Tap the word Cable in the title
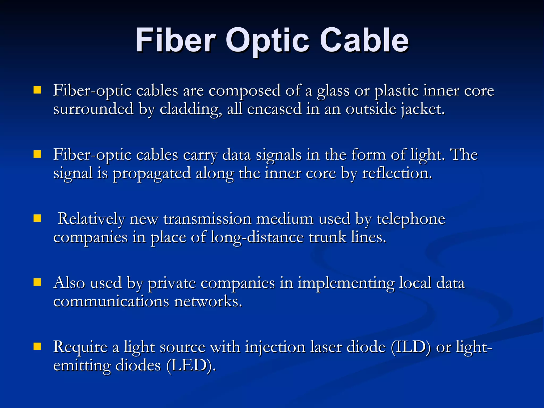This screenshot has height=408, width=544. click(x=364, y=40)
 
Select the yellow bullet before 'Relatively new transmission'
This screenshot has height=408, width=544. click(x=37, y=218)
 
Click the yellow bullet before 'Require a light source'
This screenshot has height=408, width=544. click(x=37, y=346)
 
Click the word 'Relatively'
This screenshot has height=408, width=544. click(x=91, y=219)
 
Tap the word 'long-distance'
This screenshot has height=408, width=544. click(x=257, y=237)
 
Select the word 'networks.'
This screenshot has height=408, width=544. click(x=208, y=301)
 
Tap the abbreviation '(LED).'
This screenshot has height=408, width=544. click(x=191, y=366)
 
